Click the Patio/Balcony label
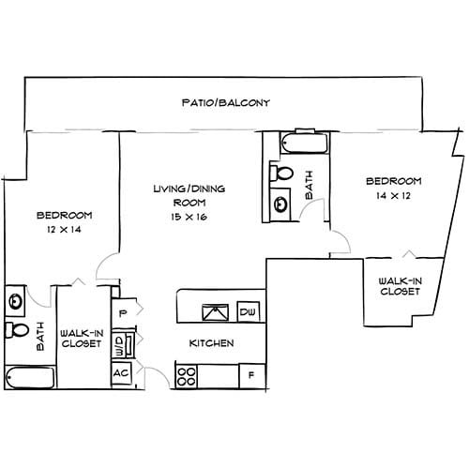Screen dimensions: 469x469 tap(226, 101)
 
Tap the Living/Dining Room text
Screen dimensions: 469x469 tap(189, 195)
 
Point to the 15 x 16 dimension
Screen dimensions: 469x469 tap(189, 217)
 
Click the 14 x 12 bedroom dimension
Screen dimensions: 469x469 tap(393, 197)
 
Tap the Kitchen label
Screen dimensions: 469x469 tap(211, 343)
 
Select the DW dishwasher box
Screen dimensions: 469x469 tap(248, 311)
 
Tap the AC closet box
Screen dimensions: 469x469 tap(121, 372)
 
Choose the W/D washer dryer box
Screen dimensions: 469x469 tap(119, 344)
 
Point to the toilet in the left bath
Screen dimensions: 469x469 tap(17, 331)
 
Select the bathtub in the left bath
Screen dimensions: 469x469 tap(29, 377)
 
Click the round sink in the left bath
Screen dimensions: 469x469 tap(16, 301)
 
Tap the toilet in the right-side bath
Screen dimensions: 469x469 tap(282, 174)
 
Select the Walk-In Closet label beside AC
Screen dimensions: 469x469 tap(81, 339)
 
